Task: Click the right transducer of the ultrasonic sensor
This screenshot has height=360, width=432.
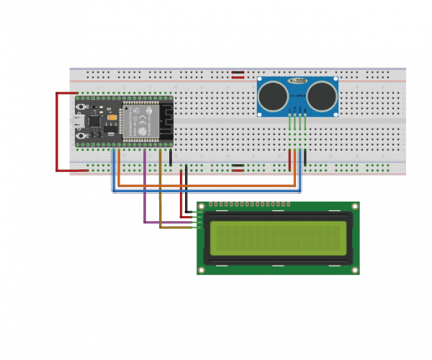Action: [x=323, y=94]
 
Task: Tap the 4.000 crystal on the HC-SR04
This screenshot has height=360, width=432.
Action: [x=298, y=82]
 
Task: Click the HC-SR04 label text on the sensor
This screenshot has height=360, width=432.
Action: [x=298, y=95]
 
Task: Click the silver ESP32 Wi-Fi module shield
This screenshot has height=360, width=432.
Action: [x=138, y=121]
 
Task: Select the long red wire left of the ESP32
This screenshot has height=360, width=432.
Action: [x=58, y=133]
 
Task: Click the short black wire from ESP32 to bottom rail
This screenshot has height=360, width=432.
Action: [x=171, y=157]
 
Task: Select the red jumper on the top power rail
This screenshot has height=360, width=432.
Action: [x=238, y=73]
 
